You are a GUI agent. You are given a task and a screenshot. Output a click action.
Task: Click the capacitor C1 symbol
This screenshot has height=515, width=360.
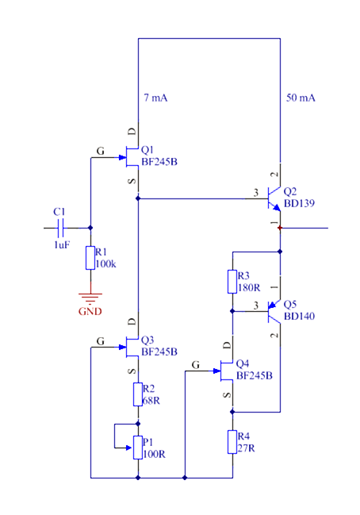pyautogui.click(x=61, y=228)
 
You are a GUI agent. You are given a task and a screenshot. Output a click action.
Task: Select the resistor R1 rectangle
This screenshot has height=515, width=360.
pyautogui.click(x=90, y=258)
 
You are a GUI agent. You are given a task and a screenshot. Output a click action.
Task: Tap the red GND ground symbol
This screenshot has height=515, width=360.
pyautogui.click(x=90, y=299)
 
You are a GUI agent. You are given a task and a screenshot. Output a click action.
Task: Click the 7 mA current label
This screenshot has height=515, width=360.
pyautogui.click(x=155, y=98)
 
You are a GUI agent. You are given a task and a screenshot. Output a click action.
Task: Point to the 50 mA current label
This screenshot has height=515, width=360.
pyautogui.click(x=301, y=98)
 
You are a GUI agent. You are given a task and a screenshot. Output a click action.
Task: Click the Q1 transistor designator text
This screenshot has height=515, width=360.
pyautogui.click(x=147, y=150)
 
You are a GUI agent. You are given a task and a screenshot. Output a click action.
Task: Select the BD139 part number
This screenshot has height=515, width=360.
pyautogui.click(x=299, y=203)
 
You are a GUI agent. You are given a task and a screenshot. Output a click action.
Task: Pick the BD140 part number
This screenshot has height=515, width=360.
pyautogui.click(x=299, y=316)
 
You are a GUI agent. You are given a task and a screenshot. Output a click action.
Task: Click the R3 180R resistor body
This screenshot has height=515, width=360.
pyautogui.click(x=232, y=282)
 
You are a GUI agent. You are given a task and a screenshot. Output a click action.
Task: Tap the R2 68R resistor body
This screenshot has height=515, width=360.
pyautogui.click(x=138, y=394)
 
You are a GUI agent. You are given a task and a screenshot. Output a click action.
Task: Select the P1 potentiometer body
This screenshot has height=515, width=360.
pyautogui.click(x=138, y=448)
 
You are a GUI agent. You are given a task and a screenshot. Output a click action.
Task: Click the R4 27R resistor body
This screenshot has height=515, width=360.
pyautogui.click(x=232, y=442)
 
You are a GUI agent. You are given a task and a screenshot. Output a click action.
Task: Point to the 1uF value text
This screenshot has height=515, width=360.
pyautogui.click(x=62, y=244)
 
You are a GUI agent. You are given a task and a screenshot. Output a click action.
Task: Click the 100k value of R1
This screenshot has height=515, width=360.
pyautogui.click(x=105, y=263)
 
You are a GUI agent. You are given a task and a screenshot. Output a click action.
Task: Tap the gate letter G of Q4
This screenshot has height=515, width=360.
pyautogui.click(x=196, y=364)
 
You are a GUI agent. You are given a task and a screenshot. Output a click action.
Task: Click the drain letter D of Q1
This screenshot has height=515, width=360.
pyautogui.click(x=132, y=132)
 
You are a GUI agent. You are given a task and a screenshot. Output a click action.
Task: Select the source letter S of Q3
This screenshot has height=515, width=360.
pyautogui.click(x=132, y=371)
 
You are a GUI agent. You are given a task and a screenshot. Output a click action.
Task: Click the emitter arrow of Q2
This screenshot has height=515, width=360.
pyautogui.click(x=277, y=207)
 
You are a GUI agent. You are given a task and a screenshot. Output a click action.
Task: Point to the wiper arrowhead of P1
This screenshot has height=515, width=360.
pyautogui.click(x=129, y=448)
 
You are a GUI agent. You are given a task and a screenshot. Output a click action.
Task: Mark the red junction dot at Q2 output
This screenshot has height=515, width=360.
pyautogui.click(x=280, y=228)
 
